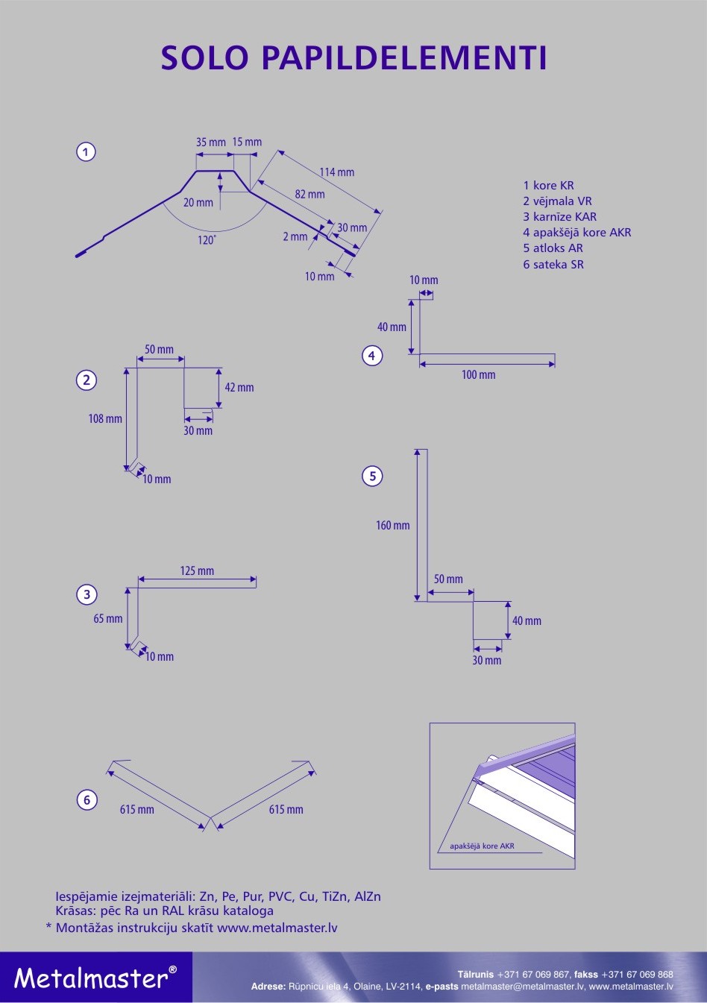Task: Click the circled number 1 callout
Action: [86, 152]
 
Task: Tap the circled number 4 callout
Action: [371, 356]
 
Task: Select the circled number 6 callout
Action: [87, 800]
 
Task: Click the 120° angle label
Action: [207, 240]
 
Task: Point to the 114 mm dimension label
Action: [337, 172]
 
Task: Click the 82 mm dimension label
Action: [309, 195]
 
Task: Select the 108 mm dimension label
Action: [105, 419]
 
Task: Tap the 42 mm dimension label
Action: [239, 388]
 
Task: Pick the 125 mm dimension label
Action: [197, 571]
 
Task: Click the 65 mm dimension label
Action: [108, 619]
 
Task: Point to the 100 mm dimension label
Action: [478, 375]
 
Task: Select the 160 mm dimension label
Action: [393, 526]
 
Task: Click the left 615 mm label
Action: [137, 810]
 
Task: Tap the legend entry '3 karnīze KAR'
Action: [559, 217]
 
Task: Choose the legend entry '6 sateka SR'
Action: [553, 265]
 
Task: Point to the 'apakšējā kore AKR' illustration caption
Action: [482, 846]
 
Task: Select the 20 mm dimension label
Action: [198, 203]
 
